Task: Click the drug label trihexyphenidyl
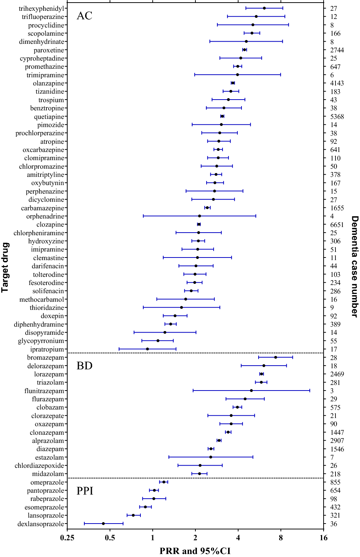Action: coord(41,8)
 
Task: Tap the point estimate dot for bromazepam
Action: coord(275,357)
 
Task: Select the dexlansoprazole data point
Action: coord(103,524)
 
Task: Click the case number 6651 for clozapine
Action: coord(337,224)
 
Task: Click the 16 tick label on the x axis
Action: coord(323,538)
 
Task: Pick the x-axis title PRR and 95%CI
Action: coord(195,551)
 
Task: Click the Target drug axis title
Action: coord(5,267)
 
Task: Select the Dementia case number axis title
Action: coord(355,266)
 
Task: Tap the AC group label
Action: coord(84,16)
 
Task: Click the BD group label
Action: coord(84,366)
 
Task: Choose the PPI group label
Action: coord(85,491)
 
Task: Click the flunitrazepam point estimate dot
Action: coord(251,391)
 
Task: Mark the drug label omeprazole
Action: coord(47,482)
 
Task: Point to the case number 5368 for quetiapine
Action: coord(337,116)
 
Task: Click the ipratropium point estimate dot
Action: coord(147,349)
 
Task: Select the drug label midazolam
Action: coord(48,474)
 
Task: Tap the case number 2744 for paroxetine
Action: coord(337,50)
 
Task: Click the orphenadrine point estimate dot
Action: coord(200,216)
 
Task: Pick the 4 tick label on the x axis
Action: coord(238,538)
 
